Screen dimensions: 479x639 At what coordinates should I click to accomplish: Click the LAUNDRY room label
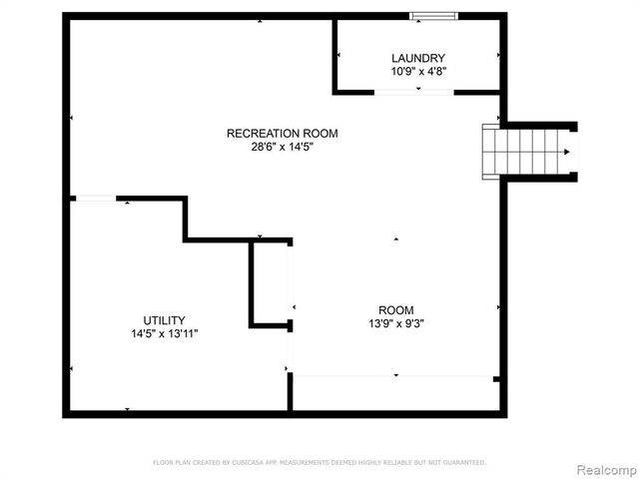pos(417,58)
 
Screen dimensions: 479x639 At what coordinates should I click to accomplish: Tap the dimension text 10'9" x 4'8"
pos(417,72)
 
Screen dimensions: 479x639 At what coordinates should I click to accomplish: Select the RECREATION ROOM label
pos(282,133)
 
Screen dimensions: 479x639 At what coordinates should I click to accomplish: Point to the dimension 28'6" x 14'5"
pos(282,147)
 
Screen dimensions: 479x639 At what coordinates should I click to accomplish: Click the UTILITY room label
pos(164,320)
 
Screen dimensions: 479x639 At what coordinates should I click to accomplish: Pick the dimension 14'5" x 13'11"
pos(164,334)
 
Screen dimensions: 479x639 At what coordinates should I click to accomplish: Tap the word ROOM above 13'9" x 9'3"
pos(395,310)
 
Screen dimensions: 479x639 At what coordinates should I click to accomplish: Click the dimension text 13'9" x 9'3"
pos(395,324)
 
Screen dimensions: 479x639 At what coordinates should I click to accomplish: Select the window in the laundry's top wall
pos(434,16)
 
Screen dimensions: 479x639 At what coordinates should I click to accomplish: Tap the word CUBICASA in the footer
pos(246,462)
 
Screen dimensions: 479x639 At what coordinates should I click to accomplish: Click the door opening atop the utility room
pos(95,200)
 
